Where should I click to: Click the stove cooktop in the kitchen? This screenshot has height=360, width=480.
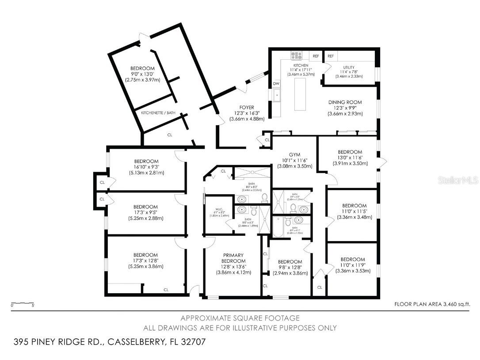(x=297, y=56)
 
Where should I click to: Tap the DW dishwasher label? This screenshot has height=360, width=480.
(x=276, y=83)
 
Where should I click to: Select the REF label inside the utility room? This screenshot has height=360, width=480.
(x=331, y=56)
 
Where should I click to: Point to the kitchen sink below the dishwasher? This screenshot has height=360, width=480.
(x=277, y=95)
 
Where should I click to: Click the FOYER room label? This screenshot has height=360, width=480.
(x=247, y=107)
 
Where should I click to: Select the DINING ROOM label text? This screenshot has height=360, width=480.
(x=345, y=102)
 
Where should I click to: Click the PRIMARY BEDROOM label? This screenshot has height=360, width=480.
(x=233, y=258)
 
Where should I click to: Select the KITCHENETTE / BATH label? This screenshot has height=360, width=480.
(x=158, y=113)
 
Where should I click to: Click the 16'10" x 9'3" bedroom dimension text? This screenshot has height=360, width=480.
(x=146, y=167)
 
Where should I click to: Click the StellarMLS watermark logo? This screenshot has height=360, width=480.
(x=460, y=180)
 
